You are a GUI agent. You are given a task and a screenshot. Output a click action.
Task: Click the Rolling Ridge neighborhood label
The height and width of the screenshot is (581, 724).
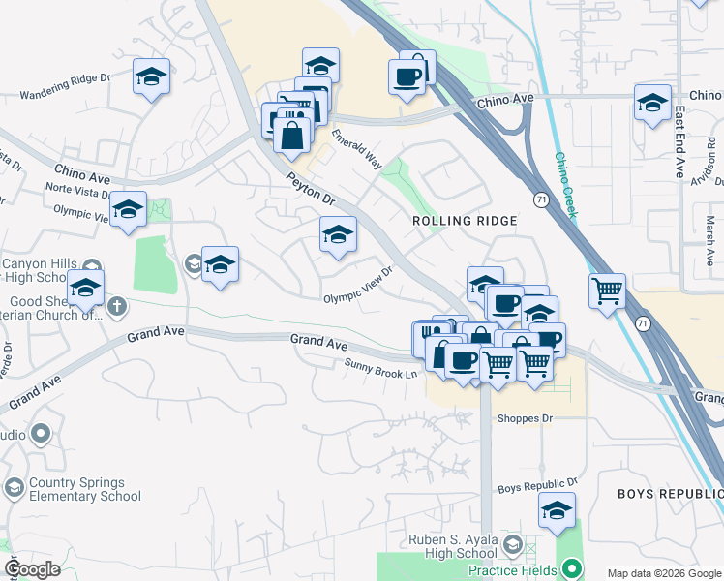(x=465, y=221)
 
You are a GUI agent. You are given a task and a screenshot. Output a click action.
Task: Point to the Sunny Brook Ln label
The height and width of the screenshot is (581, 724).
(x=381, y=368)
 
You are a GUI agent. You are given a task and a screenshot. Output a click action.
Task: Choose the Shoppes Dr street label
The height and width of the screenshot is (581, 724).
(x=524, y=418)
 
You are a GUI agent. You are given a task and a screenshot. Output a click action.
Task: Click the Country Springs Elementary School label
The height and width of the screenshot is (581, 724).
(x=76, y=490)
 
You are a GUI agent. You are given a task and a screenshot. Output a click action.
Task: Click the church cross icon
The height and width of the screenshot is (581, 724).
(x=116, y=307)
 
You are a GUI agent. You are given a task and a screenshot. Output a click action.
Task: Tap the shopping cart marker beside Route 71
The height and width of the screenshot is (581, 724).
(x=607, y=290)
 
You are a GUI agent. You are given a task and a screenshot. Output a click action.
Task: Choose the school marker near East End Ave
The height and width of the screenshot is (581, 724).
(x=653, y=102)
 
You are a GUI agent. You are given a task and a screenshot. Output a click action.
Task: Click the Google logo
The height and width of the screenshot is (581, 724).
(x=33, y=568)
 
